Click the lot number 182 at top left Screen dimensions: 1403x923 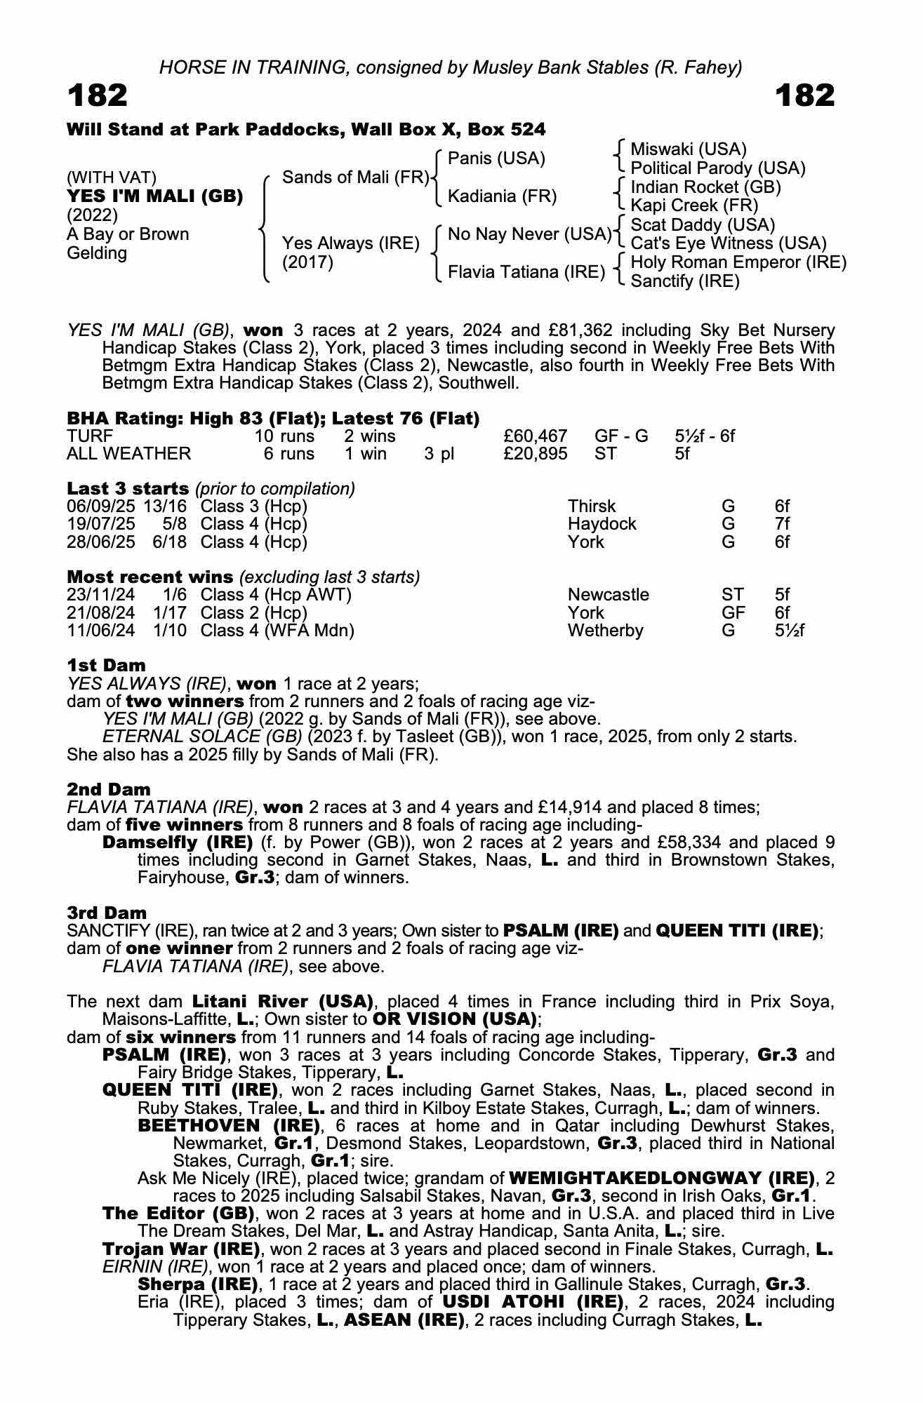[98, 95]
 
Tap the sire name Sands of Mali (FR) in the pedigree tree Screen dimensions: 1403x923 [355, 177]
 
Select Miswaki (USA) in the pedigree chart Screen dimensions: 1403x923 [688, 149]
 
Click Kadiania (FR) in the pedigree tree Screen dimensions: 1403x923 [502, 196]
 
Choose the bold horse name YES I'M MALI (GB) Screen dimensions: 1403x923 [155, 196]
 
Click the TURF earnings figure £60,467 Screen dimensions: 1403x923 [536, 436]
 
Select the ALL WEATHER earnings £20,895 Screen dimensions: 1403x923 [536, 454]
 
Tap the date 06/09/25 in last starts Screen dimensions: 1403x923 [101, 506]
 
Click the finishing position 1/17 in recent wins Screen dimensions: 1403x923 [170, 612]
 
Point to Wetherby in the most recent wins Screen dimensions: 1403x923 [605, 631]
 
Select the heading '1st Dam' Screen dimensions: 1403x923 [107, 665]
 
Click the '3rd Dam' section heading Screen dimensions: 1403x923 [107, 913]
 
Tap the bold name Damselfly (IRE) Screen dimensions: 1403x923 [178, 842]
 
